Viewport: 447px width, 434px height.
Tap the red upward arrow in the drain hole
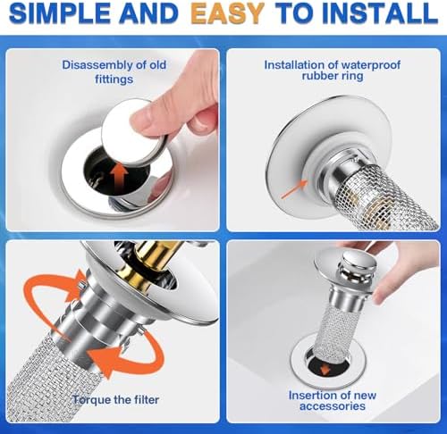pyautogui.click(x=118, y=172)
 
